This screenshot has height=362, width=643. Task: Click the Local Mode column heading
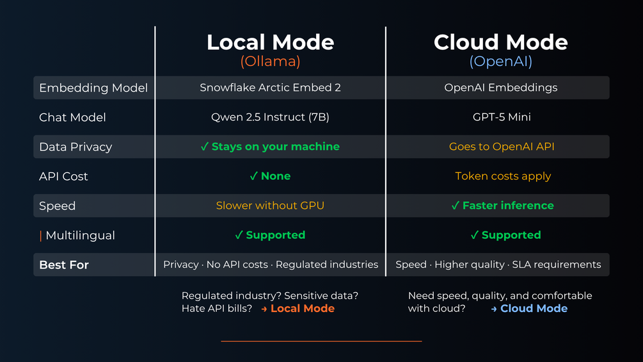tap(270, 42)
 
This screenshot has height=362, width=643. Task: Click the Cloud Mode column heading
tap(501, 42)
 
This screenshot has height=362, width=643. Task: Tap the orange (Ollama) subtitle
tap(270, 62)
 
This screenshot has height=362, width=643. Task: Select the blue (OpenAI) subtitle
tap(501, 62)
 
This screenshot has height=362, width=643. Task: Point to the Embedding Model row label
tap(93, 88)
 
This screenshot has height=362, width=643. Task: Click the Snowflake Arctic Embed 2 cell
tap(270, 87)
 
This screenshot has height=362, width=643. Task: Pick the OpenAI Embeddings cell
tap(501, 87)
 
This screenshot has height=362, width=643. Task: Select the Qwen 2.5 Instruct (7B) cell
tap(270, 117)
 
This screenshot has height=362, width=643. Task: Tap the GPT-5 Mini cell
tap(502, 117)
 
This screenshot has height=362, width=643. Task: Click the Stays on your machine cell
tap(270, 147)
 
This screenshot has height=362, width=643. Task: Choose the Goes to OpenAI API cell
tap(502, 147)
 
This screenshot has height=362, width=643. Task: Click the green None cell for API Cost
tap(270, 176)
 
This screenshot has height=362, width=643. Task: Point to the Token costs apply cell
tap(503, 176)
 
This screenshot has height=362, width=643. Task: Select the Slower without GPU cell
tap(270, 205)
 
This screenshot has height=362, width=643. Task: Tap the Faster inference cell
tap(502, 205)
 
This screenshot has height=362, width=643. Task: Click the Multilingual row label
tap(80, 235)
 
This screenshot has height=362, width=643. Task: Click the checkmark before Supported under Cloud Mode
tap(475, 234)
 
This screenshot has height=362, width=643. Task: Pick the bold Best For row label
tap(63, 265)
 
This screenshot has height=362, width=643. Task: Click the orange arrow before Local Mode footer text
tap(264, 309)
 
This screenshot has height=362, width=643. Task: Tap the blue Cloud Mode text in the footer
tap(534, 308)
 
